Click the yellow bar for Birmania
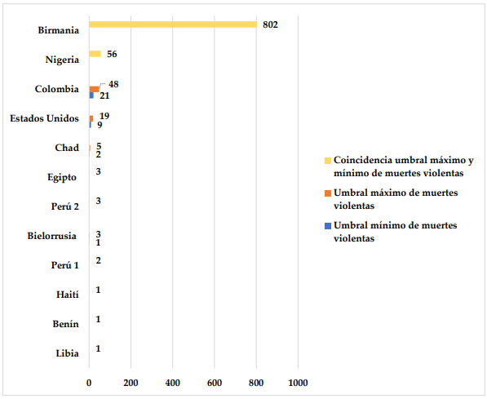[173, 24]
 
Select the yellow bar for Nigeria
[95, 54]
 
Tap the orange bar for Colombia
[94, 90]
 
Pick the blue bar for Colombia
[91, 95]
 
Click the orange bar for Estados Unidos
[91, 118]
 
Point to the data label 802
[270, 24]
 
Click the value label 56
[112, 54]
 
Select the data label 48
[113, 84]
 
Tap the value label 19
[104, 116]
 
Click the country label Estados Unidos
[44, 118]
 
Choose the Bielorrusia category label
[52, 236]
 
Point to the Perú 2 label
[65, 206]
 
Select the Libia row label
[68, 353]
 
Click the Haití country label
[68, 295]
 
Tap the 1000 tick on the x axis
[299, 383]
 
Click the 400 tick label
[173, 383]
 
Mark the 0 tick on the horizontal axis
[89, 383]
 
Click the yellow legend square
[328, 161]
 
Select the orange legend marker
[328, 193]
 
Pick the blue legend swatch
[328, 226]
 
